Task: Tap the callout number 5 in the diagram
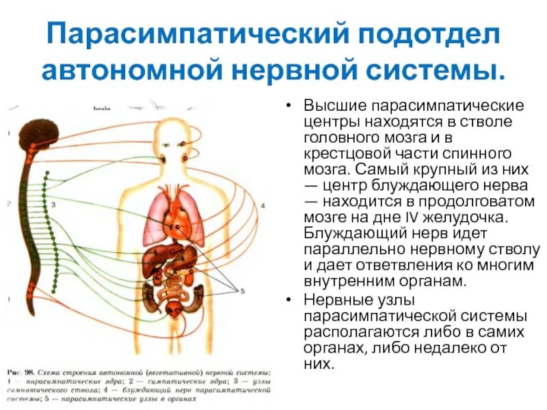pyautogui.click(x=241, y=291)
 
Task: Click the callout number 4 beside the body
pyautogui.click(x=262, y=206)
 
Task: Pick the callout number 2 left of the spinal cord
pyautogui.click(x=8, y=204)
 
